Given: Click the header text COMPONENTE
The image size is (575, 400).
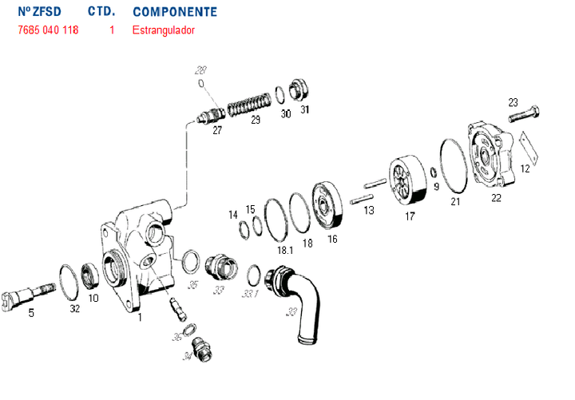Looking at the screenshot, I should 174,12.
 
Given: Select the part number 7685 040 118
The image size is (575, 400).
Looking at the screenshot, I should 48,30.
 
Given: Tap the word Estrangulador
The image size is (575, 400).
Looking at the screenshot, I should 164,30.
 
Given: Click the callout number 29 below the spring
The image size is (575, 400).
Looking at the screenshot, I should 255,121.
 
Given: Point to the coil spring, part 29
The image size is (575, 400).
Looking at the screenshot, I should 249,105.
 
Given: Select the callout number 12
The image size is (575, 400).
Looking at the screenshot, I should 525,168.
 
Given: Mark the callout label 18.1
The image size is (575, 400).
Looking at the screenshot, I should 284,250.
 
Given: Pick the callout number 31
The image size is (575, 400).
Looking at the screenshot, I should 304,110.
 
